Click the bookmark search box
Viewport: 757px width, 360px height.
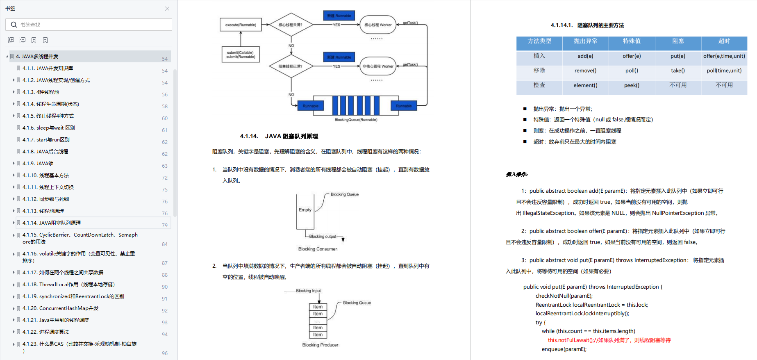click(x=89, y=25)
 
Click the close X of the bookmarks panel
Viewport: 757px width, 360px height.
click(x=167, y=9)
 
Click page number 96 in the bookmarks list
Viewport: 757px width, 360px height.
click(x=165, y=353)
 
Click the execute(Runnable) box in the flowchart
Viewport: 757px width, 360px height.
click(x=241, y=25)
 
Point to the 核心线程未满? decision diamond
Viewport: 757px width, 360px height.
click(x=291, y=25)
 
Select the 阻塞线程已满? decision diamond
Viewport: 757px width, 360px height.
click(x=291, y=66)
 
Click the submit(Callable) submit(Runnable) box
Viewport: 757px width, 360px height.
click(x=241, y=55)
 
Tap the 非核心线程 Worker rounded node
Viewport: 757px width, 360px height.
click(x=378, y=66)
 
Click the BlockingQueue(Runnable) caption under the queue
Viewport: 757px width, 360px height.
click(x=356, y=120)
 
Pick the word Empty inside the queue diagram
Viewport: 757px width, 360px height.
click(x=305, y=210)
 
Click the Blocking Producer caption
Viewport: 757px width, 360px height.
click(x=320, y=345)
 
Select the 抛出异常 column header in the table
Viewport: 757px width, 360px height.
click(x=585, y=41)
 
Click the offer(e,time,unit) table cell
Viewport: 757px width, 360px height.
click(x=724, y=56)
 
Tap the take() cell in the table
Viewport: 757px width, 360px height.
click(x=678, y=71)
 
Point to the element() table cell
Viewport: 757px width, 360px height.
click(x=585, y=85)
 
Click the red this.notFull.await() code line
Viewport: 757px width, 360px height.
click(x=609, y=340)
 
